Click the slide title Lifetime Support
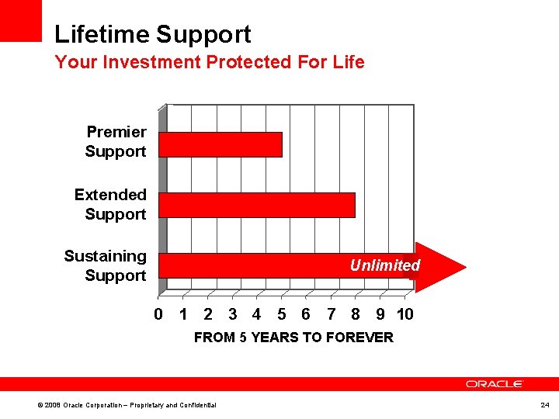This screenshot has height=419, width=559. click(153, 34)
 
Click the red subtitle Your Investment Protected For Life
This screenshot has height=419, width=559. click(209, 62)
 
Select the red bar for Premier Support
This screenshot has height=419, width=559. click(220, 144)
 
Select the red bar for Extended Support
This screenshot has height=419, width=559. click(257, 205)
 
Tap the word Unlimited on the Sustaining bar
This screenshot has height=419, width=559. click(384, 265)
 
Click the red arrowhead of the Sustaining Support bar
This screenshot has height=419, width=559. click(439, 266)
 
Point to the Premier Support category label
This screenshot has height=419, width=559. click(116, 141)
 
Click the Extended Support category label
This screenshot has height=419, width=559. click(110, 204)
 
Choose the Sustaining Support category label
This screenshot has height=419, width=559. click(106, 265)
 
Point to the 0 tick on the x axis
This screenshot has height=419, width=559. click(158, 314)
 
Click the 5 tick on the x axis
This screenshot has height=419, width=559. click(281, 314)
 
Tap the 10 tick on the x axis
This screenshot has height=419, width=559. click(404, 314)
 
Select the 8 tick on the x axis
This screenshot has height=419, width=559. click(355, 314)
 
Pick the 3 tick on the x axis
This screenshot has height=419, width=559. click(232, 314)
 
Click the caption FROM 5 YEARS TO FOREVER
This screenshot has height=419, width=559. click(293, 338)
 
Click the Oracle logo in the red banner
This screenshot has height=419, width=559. click(495, 384)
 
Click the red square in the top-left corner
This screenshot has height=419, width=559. click(20, 20)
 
